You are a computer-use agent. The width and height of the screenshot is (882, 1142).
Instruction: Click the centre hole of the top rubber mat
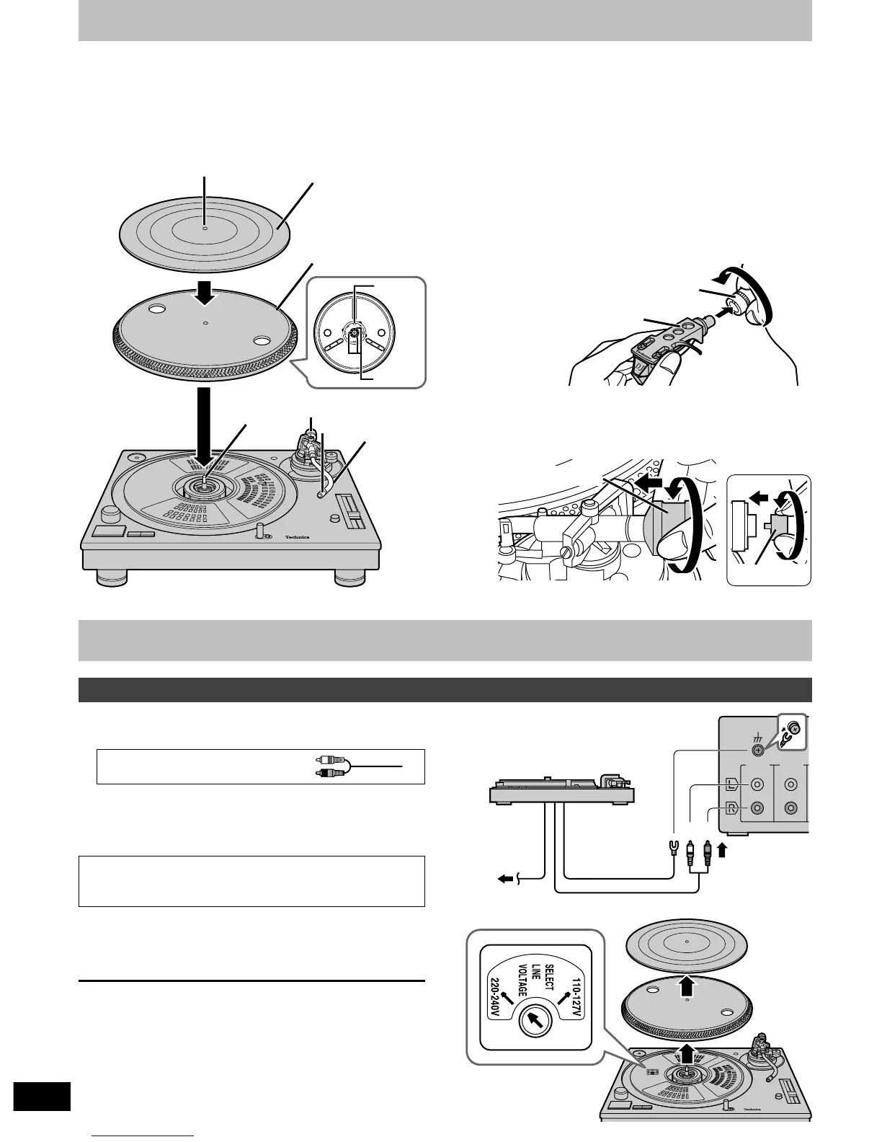[205, 229]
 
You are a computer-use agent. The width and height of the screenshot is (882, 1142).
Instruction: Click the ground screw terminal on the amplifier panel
[757, 751]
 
